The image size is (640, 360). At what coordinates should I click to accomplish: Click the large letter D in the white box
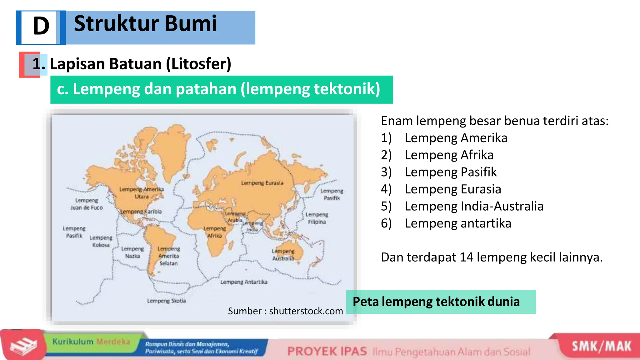[41, 26]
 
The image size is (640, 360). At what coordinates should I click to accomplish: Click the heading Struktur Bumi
[145, 24]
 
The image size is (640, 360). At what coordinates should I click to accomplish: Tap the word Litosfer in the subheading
[199, 64]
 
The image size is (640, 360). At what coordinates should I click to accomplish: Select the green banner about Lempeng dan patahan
[221, 89]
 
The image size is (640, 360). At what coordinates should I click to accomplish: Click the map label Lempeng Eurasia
[262, 183]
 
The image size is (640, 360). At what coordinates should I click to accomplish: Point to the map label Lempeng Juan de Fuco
[87, 204]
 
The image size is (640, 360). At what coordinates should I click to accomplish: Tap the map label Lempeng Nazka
[132, 252]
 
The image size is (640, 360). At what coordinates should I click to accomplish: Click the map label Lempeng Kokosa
[101, 241]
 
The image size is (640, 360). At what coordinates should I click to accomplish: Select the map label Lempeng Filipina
[317, 218]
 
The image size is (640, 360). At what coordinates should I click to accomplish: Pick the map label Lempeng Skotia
[167, 301]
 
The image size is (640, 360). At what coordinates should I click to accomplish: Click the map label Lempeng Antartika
[244, 282]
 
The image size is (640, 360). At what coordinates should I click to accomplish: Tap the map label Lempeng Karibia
[141, 212]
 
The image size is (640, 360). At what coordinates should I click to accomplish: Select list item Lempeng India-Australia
[474, 206]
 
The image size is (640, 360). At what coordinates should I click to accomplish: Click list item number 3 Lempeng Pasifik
[450, 172]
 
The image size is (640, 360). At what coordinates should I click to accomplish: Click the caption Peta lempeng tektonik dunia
[436, 302]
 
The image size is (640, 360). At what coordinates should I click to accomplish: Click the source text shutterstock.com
[306, 311]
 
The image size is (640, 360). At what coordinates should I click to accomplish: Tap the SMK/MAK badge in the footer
[601, 346]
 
